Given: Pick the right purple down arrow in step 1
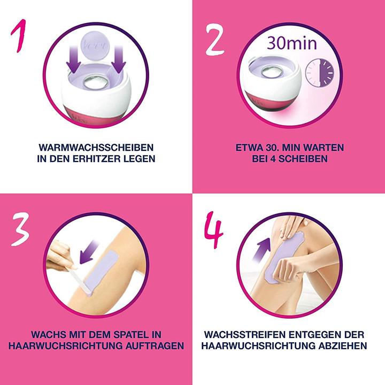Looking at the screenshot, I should tap(119, 63).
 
